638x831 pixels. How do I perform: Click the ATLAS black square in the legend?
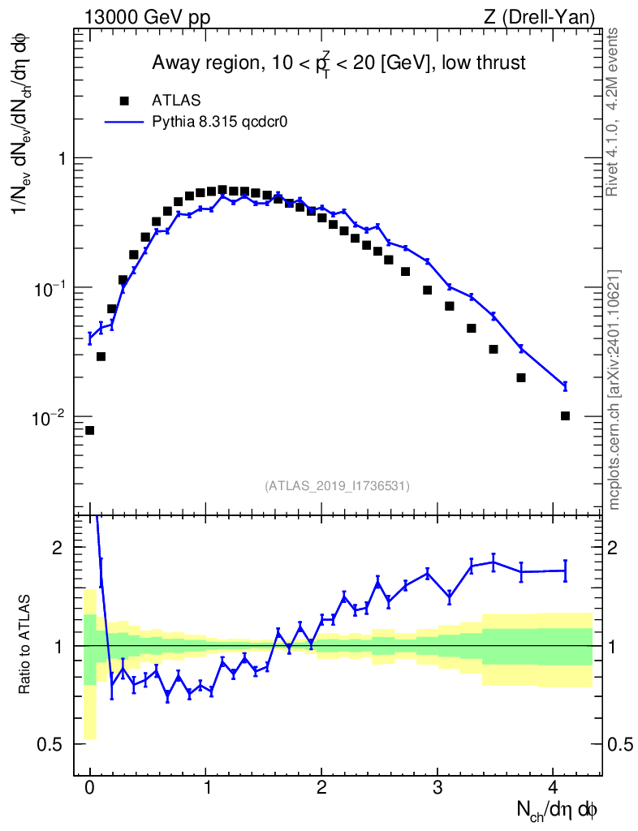click(x=124, y=101)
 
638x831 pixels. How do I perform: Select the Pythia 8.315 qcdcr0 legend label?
click(x=220, y=123)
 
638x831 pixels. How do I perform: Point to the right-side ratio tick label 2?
click(x=616, y=548)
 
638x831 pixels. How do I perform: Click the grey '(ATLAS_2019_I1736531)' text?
click(x=337, y=486)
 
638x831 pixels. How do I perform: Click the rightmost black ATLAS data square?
click(x=565, y=416)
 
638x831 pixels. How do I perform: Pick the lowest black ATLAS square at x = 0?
click(x=89, y=430)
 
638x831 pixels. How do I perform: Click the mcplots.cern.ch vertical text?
click(x=614, y=390)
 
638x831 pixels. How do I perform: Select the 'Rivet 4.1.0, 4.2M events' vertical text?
click(x=614, y=111)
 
